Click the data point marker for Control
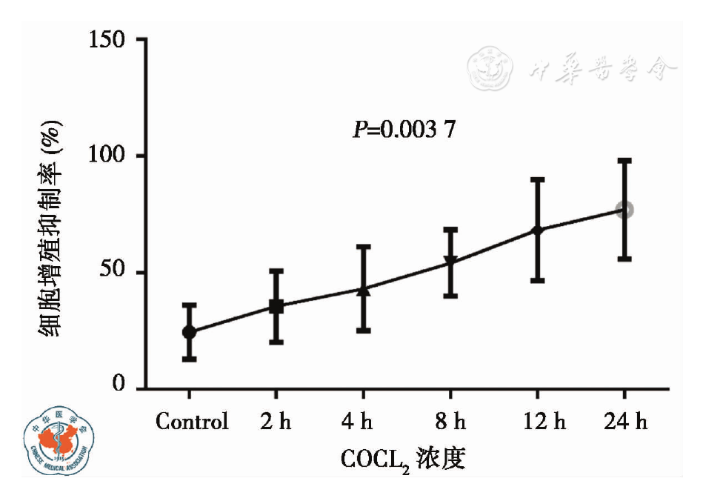click(190, 332)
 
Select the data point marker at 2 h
click(276, 306)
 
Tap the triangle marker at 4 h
click(364, 290)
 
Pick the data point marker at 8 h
click(450, 262)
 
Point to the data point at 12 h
click(537, 230)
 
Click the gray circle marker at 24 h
click(624, 210)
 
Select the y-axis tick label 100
click(107, 156)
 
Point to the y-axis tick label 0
click(119, 386)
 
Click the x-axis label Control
click(192, 422)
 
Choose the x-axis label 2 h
click(276, 422)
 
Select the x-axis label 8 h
click(450, 422)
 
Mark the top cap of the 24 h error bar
click(624, 159)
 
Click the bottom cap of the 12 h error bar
click(537, 281)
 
